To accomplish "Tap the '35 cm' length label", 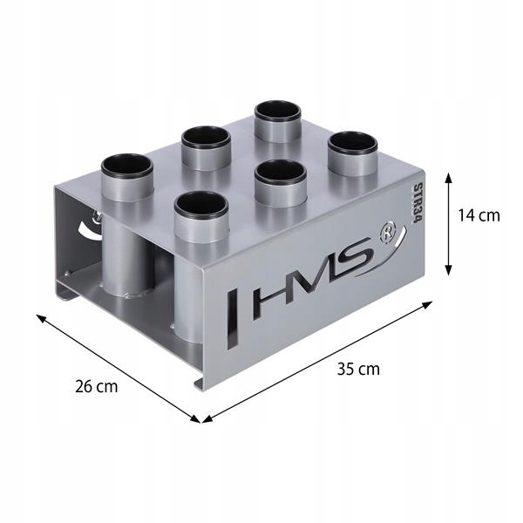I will (358, 368).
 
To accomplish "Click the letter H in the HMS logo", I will (267, 299).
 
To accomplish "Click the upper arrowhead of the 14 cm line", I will (448, 175).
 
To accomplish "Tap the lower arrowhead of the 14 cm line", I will (448, 271).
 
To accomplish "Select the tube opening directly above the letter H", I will (200, 204).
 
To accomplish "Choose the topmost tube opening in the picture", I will (278, 112).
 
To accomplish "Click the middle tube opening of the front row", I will (279, 171).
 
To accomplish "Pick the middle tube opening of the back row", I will (206, 137).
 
